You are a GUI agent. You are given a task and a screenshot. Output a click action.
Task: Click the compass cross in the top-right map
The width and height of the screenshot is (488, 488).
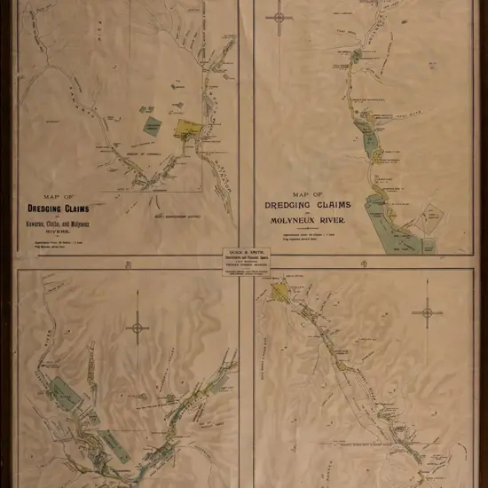[279, 18]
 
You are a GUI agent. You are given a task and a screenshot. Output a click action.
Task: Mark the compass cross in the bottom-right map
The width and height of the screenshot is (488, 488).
[427, 311]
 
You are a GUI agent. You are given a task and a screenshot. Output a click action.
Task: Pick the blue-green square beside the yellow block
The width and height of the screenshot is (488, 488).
[153, 127]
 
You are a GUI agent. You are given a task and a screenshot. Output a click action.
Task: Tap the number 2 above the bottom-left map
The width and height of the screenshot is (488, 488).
[127, 264]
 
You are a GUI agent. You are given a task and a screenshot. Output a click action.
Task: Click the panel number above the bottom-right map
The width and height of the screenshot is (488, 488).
[363, 264]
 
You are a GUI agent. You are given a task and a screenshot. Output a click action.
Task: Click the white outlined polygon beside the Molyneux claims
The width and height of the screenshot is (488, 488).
[432, 216]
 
